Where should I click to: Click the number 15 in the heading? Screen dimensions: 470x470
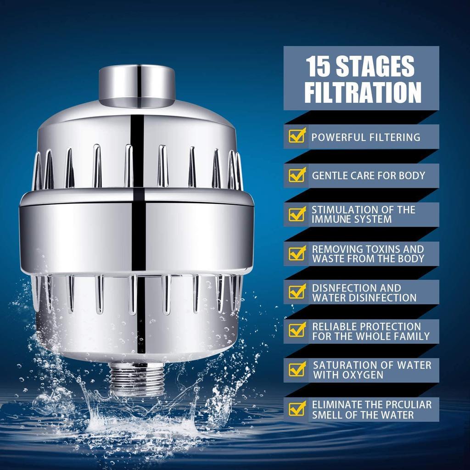318,67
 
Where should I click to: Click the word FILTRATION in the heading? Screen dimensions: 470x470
363,92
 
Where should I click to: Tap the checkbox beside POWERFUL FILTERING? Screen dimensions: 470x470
297,136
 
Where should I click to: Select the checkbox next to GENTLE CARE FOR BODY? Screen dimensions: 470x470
297,175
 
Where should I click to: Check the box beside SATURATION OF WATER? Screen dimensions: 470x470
297,369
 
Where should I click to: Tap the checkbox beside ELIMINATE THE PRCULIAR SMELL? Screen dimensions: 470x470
297,408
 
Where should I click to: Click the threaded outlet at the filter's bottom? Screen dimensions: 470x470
137,378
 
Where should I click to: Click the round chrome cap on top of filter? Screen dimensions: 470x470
137,83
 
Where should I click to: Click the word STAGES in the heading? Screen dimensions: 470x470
375,67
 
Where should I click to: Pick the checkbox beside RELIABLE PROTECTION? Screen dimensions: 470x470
297,330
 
